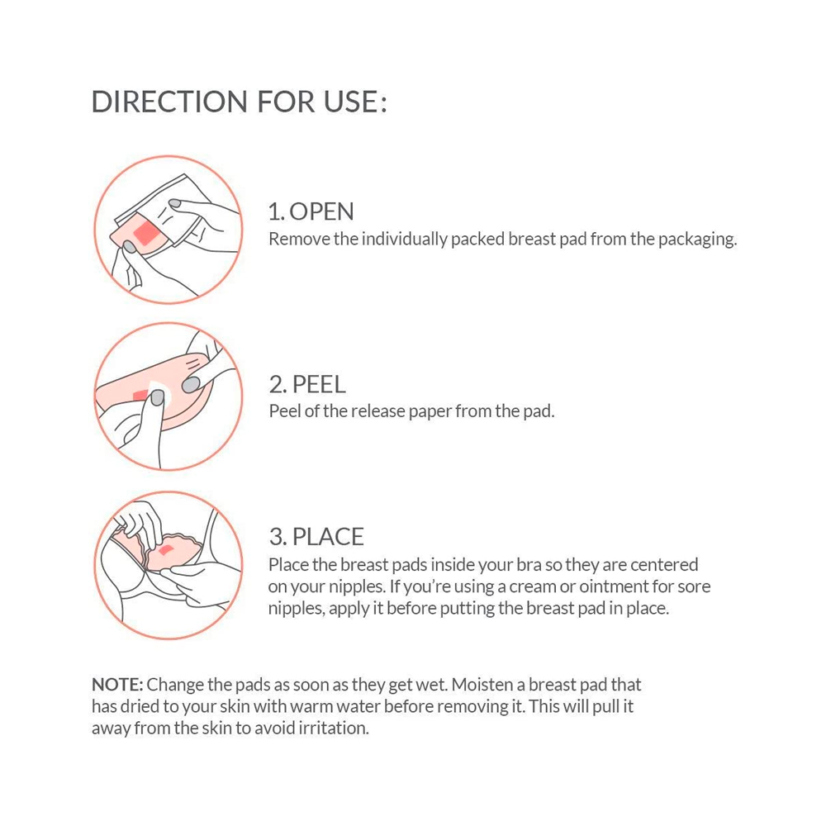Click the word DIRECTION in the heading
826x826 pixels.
pos(169,102)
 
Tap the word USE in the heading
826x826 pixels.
pos(350,102)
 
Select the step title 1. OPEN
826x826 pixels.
pos(311,211)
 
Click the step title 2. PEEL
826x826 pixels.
pos(307,385)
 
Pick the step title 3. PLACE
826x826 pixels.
pos(316,537)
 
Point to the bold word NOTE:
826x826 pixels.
pos(117,684)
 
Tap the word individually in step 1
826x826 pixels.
pos(404,240)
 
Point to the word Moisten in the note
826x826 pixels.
pos(482,684)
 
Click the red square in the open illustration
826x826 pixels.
pos(147,233)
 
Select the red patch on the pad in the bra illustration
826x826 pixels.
pos(165,550)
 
